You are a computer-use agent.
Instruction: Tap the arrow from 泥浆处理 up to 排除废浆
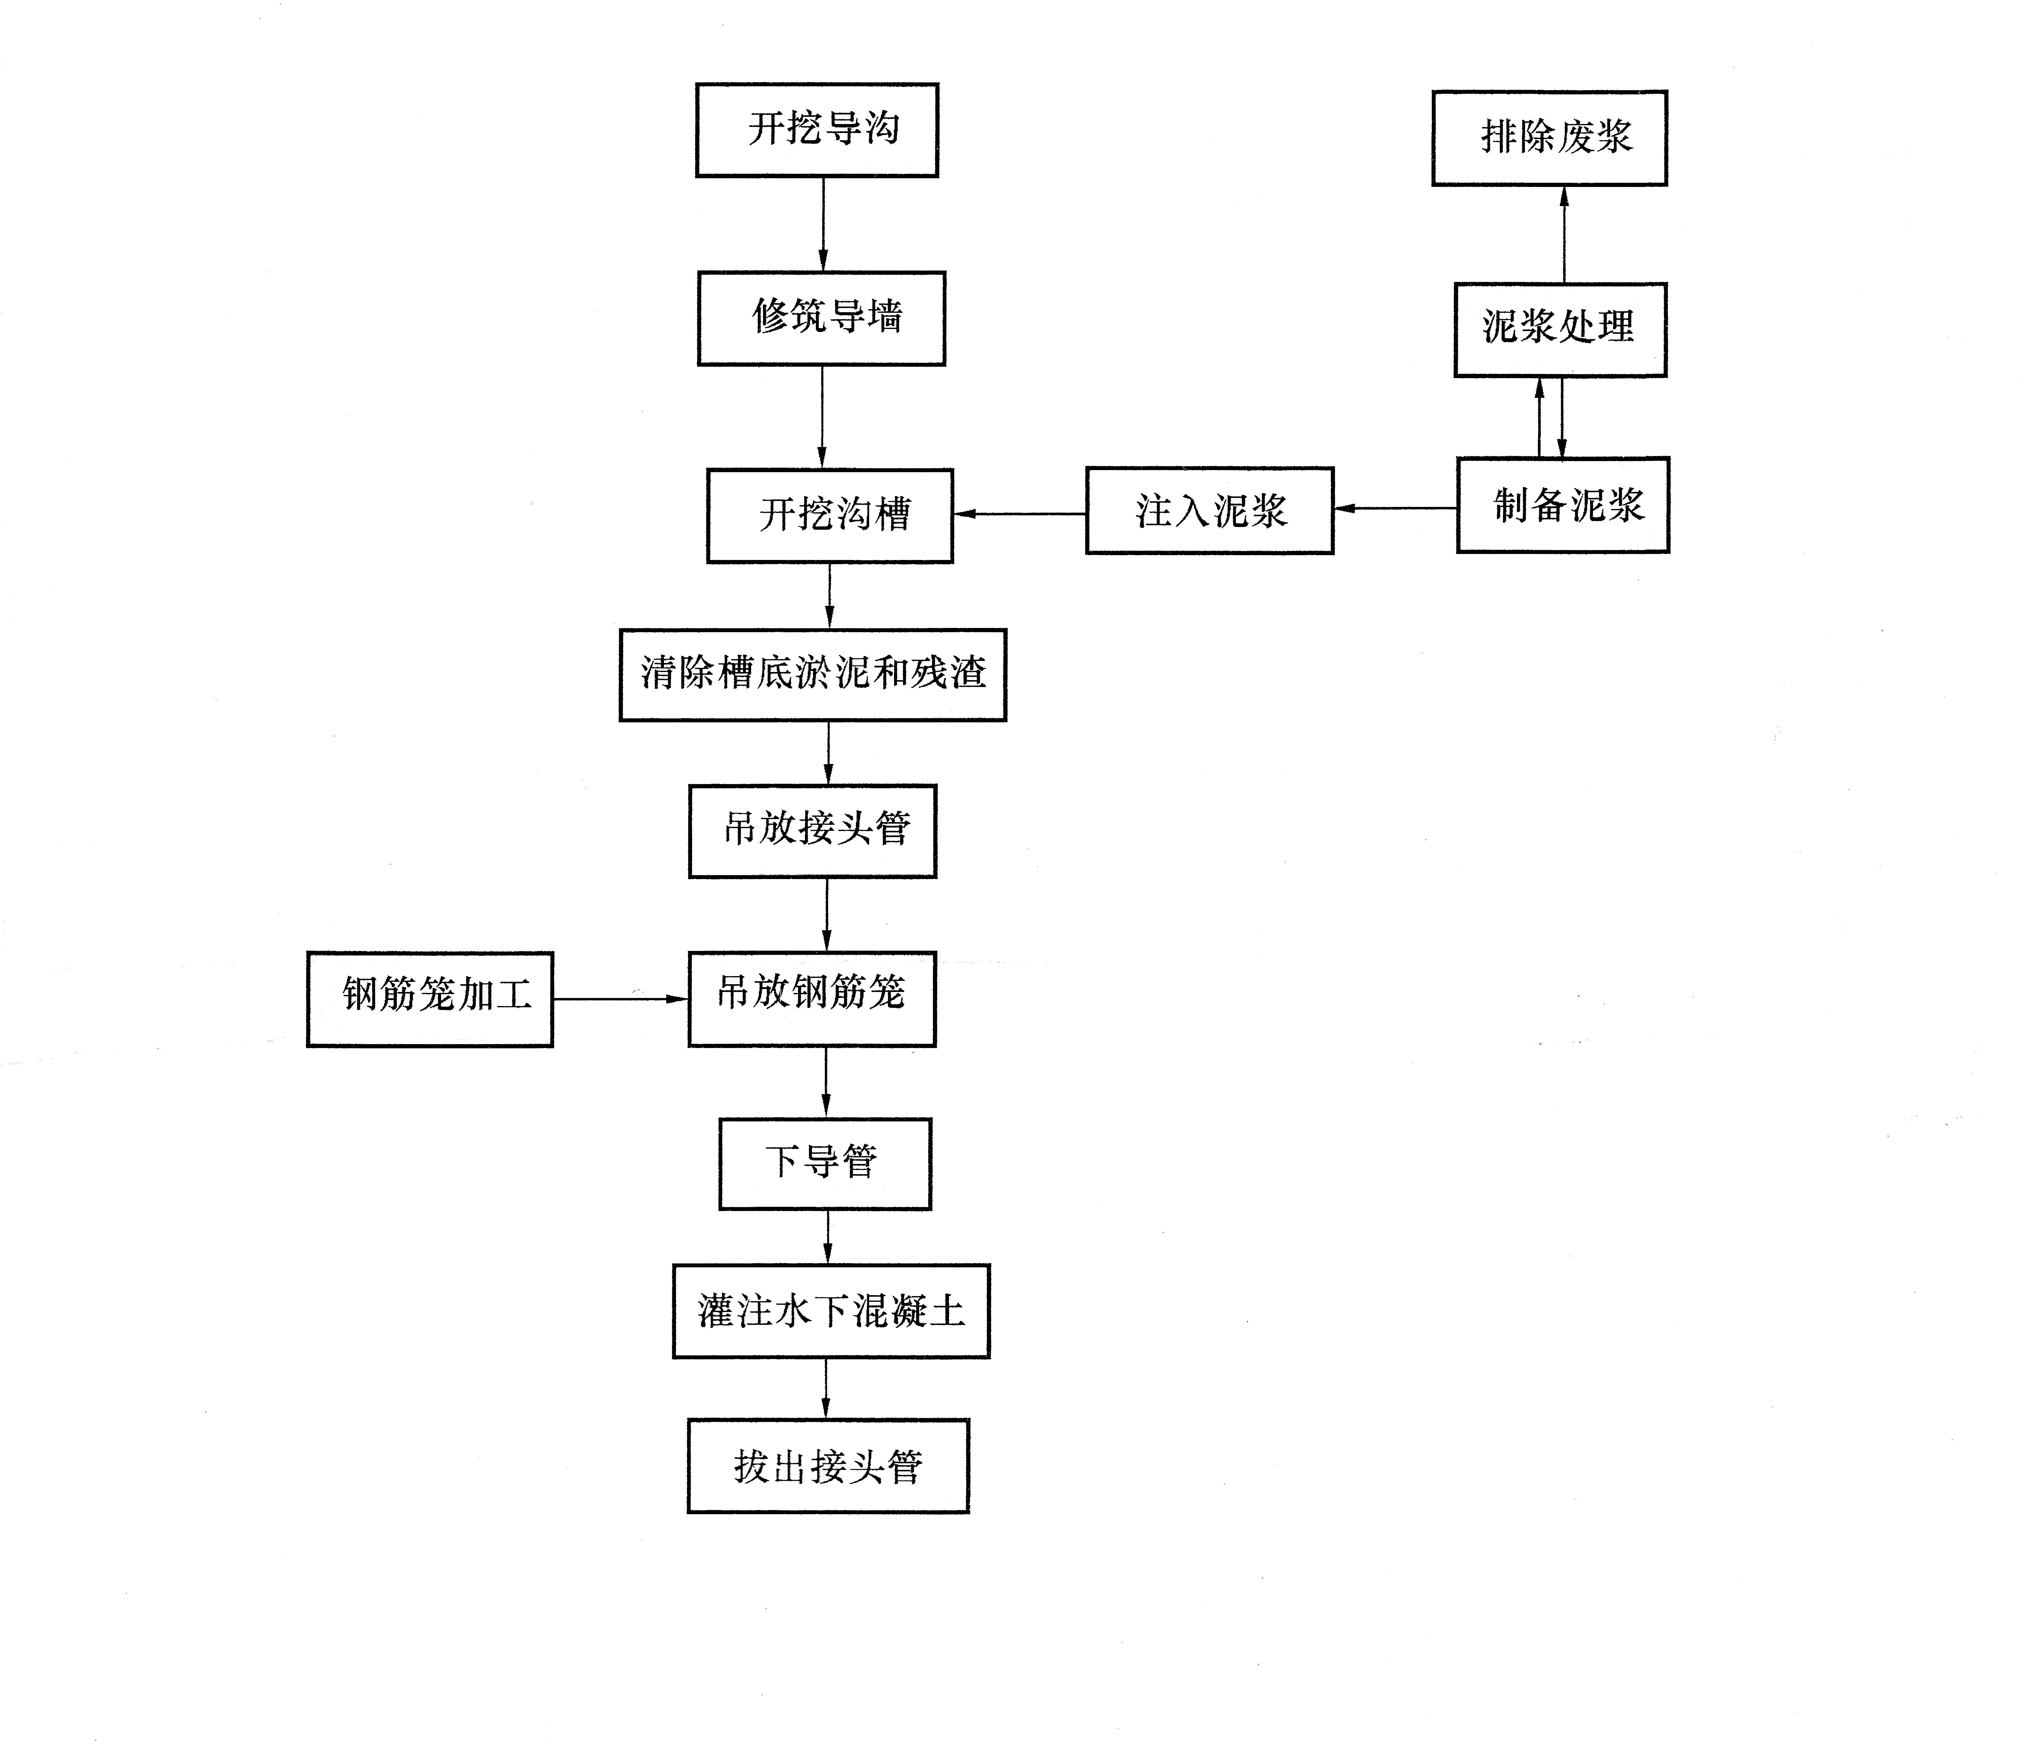click(x=1564, y=235)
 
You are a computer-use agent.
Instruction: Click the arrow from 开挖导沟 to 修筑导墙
click(x=823, y=225)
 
